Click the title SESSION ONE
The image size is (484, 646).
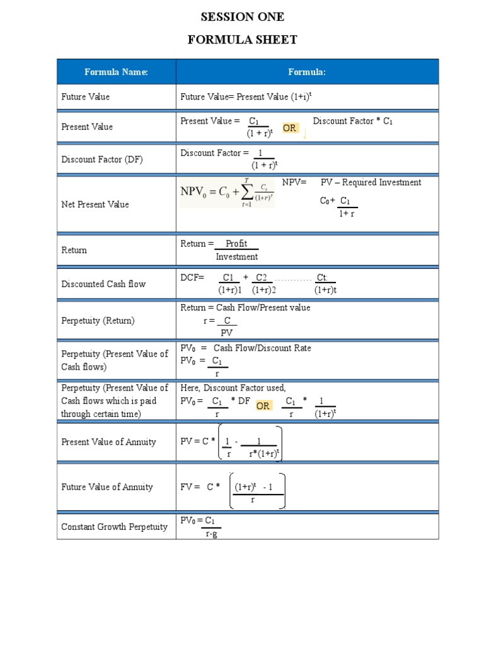[x=242, y=17]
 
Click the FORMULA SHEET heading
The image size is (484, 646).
[x=242, y=40]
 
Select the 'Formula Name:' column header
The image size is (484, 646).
[x=116, y=72]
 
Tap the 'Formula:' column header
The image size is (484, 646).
[x=307, y=72]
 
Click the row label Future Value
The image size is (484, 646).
[x=85, y=97]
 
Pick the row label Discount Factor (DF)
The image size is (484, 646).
[x=101, y=160]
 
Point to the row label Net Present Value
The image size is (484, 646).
[x=95, y=204]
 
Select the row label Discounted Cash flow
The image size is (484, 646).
[x=103, y=284]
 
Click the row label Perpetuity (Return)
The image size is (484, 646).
[x=98, y=320]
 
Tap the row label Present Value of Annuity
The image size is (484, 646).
[x=108, y=442]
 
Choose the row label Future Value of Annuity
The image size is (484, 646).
[x=107, y=487]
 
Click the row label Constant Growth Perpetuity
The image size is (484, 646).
[x=114, y=527]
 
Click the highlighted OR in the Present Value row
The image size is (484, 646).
[x=289, y=128]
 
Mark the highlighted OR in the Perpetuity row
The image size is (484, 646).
[x=263, y=406]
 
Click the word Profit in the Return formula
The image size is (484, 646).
[x=236, y=244]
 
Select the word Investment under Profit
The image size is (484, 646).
[x=236, y=257]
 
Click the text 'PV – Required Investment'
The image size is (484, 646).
[x=371, y=182]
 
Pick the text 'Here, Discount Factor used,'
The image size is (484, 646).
[x=233, y=387]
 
